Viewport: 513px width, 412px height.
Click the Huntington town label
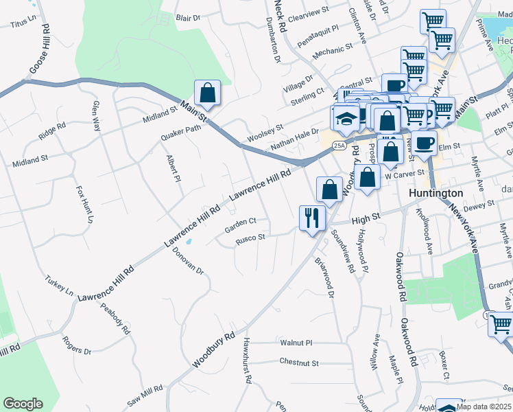[x=436, y=193]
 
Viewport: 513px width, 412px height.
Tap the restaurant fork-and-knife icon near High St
[x=312, y=218]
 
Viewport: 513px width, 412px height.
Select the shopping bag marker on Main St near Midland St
[x=207, y=93]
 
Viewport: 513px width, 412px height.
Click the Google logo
[x=23, y=404]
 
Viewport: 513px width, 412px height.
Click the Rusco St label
[x=250, y=238]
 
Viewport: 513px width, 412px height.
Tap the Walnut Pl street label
[x=296, y=341]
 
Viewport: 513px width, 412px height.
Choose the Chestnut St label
[x=299, y=362]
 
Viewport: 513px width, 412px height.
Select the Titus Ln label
[x=23, y=23]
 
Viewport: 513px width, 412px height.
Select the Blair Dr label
[x=187, y=17]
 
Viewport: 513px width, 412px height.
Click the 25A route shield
[x=339, y=145]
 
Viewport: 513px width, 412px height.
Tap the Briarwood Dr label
[x=324, y=277]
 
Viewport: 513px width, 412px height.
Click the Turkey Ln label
[x=60, y=286]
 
